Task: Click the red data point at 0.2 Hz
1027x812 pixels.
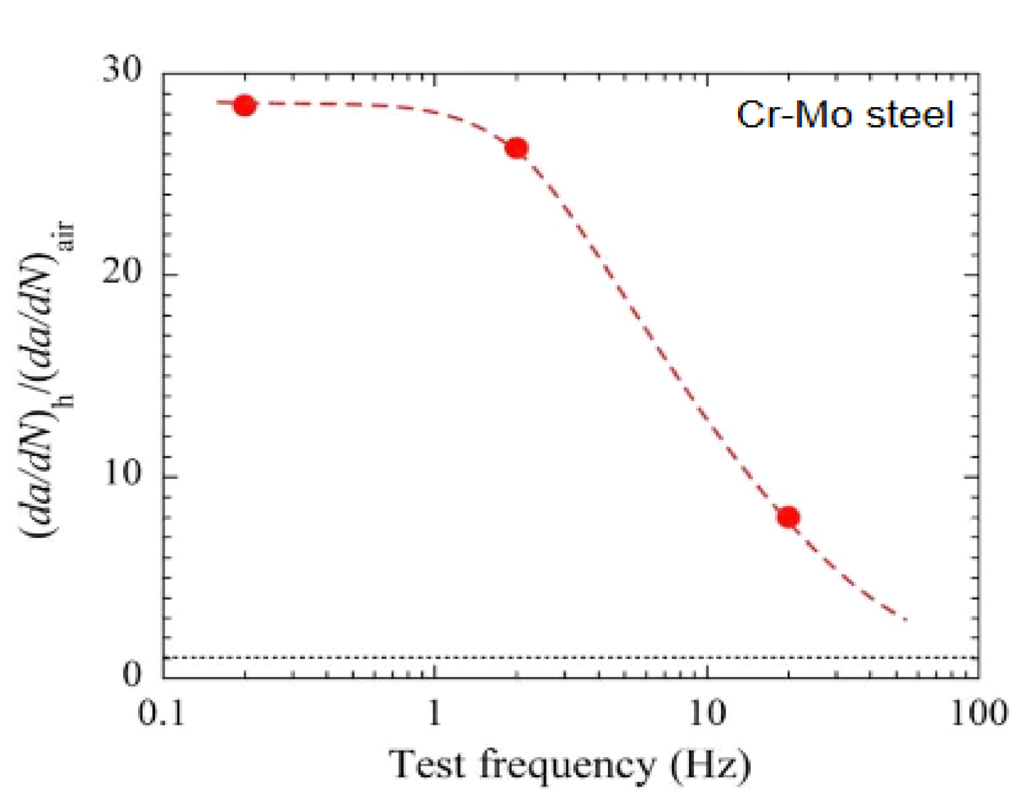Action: click(244, 105)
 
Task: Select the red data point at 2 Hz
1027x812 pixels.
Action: click(516, 148)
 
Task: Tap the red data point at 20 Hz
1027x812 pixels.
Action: click(788, 516)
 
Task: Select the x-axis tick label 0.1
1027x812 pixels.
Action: click(161, 713)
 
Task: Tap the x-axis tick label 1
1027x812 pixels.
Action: click(434, 713)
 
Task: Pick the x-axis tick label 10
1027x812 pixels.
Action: click(706, 713)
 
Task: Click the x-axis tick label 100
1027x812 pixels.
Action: click(978, 713)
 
